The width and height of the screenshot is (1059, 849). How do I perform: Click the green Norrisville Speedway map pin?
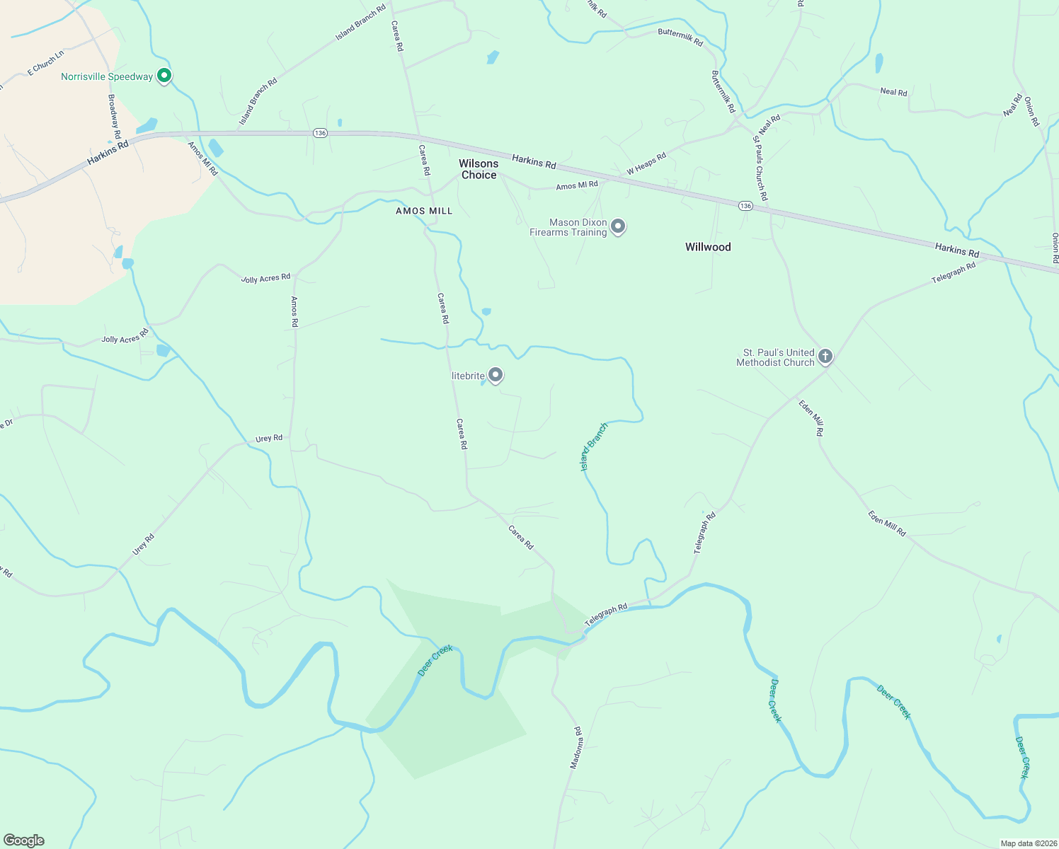pos(164,75)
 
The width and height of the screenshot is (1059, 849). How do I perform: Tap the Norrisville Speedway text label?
pos(107,76)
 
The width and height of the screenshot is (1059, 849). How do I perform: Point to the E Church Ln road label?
pos(45,63)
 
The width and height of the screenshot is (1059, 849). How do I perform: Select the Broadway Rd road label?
pos(113,117)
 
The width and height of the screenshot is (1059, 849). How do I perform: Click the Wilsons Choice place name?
pos(479,169)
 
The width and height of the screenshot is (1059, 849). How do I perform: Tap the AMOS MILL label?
pos(424,211)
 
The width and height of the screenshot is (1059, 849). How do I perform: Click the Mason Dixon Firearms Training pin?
pos(618,226)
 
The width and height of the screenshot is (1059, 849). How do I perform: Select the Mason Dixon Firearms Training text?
pos(568,227)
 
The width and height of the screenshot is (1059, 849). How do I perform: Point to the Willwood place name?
pos(708,247)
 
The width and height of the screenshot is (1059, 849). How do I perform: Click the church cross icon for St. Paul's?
pos(825,356)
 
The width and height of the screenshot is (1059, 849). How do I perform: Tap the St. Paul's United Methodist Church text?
pos(775,357)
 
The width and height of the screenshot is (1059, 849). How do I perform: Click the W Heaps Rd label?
pos(646,164)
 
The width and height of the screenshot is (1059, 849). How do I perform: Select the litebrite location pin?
pos(496,374)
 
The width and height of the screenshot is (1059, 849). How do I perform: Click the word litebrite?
pos(468,376)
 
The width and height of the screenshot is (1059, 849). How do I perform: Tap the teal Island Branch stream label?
pos(593,446)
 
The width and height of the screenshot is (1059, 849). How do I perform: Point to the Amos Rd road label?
pos(294,311)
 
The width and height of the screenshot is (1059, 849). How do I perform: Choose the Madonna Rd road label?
pos(576,748)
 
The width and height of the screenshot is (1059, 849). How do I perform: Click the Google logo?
pos(24,841)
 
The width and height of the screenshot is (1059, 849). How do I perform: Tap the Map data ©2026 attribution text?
pos(1027,843)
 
